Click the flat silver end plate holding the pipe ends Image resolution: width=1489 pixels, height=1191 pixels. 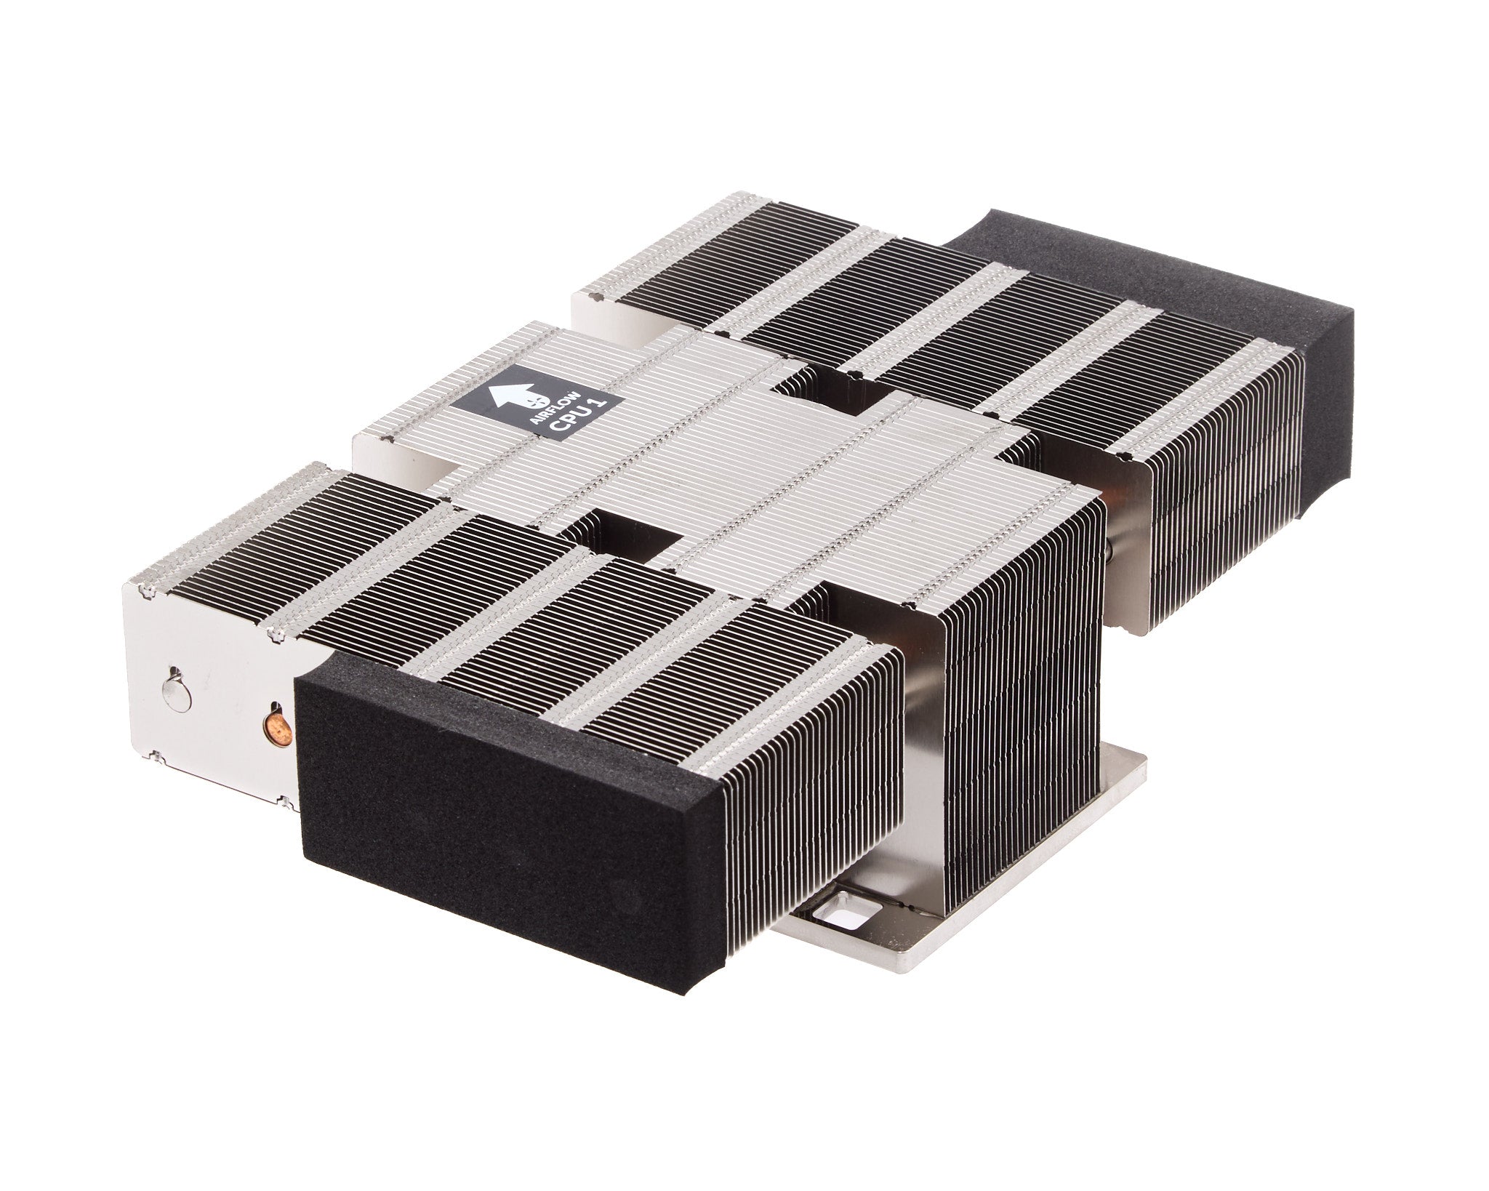(x=211, y=698)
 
